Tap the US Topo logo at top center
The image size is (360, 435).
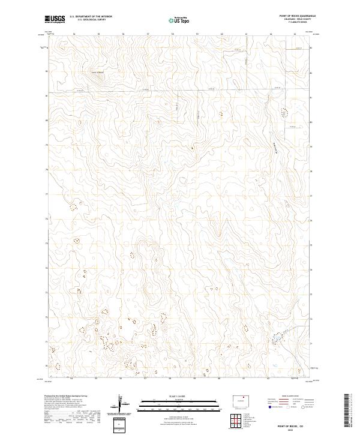point(180,20)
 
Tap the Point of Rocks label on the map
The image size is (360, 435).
point(97,73)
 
